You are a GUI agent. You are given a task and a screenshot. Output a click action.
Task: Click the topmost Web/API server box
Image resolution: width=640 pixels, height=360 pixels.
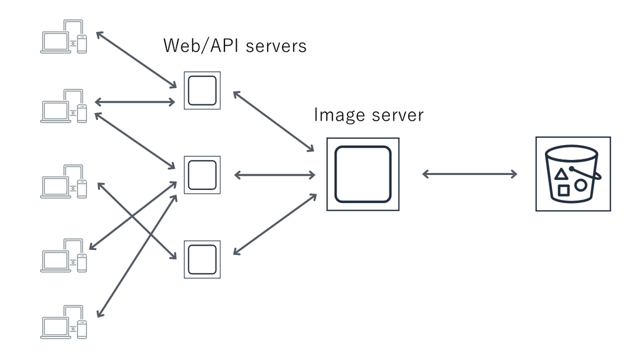(202, 91)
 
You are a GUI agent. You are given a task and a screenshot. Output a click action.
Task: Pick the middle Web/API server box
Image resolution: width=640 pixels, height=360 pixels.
(202, 174)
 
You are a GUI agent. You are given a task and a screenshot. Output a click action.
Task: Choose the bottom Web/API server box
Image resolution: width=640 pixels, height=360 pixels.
(202, 259)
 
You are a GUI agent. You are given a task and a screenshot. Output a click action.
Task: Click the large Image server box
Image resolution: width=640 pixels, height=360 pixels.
(362, 174)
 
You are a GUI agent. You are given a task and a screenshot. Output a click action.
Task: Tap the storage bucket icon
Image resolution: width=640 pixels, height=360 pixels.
(573, 174)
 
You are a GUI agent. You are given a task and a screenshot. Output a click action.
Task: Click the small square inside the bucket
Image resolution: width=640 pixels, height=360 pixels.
(564, 190)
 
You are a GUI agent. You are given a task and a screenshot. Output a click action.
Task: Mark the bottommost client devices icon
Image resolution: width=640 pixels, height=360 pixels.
(64, 322)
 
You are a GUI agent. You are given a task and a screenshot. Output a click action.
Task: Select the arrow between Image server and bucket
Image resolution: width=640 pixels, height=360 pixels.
(470, 174)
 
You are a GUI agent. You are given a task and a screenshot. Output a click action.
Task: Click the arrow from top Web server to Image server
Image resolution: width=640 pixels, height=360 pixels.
(273, 121)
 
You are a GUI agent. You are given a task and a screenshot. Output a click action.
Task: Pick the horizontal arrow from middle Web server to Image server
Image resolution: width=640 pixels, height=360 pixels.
(273, 174)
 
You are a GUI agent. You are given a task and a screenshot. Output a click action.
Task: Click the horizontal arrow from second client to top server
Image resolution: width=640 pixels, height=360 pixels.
(134, 102)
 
